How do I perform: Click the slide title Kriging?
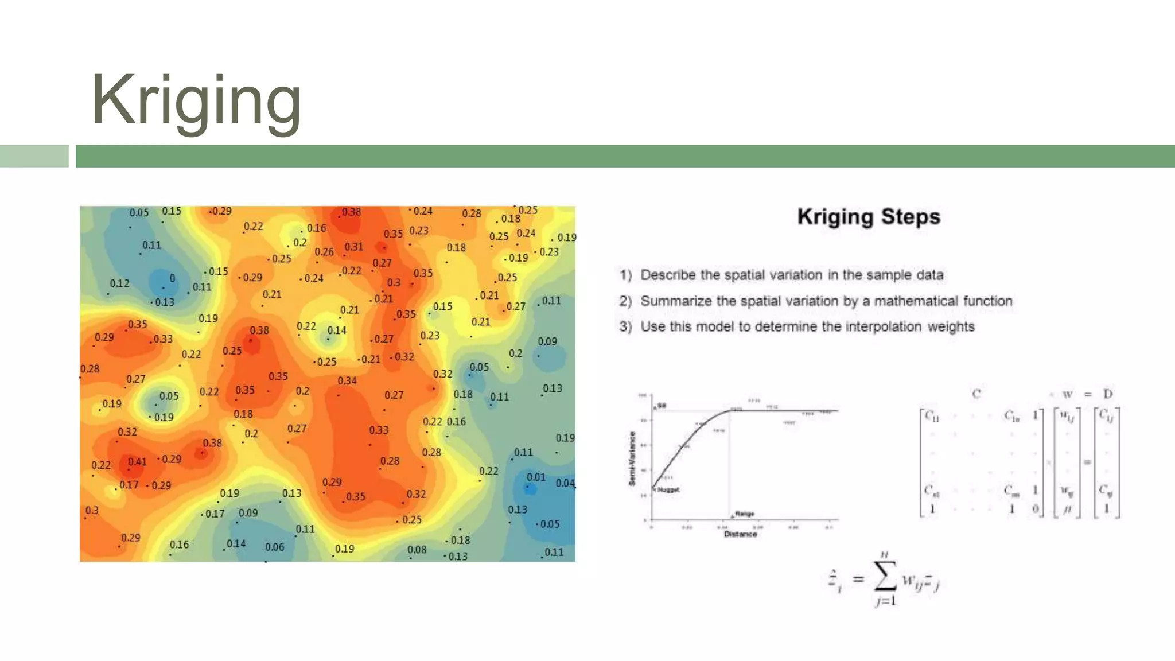click(196, 100)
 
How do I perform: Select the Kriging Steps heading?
click(869, 217)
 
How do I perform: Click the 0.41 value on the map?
click(137, 462)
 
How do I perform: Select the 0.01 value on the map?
click(536, 477)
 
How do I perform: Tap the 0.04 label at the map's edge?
click(565, 483)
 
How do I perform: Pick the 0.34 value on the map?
click(347, 380)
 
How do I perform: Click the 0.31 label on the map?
click(354, 247)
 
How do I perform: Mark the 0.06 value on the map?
click(274, 547)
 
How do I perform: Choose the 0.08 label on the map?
click(417, 550)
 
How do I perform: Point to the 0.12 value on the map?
click(119, 283)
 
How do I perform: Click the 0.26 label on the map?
click(324, 252)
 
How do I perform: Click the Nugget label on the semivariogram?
click(668, 490)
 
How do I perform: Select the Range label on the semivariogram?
click(744, 514)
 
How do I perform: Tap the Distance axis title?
click(740, 534)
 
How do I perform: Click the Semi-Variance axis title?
click(632, 458)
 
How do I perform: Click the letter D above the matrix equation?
click(1107, 394)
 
